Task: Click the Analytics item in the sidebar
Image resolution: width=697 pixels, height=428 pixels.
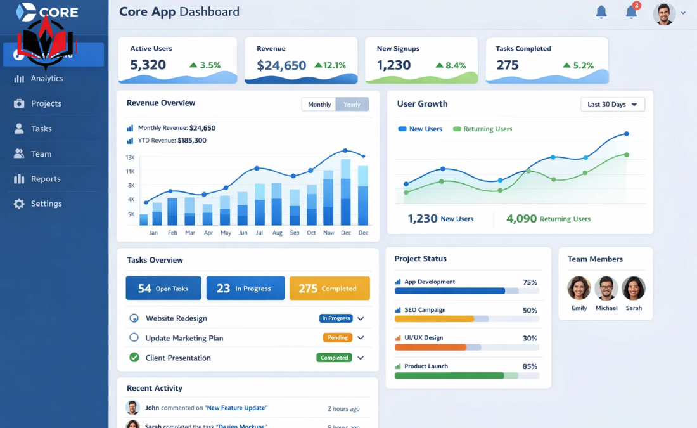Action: tap(46, 79)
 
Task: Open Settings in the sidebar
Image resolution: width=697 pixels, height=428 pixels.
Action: tap(46, 204)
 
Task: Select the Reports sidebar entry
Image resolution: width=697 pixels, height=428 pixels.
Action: tap(45, 179)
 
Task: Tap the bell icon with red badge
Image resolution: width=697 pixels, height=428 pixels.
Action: tap(632, 11)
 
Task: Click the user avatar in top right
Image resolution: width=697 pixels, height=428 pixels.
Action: tap(664, 13)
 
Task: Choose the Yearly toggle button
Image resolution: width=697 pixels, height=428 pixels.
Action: tap(352, 105)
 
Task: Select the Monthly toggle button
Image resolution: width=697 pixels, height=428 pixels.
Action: tap(319, 105)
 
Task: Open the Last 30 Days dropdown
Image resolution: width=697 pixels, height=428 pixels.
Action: tap(612, 105)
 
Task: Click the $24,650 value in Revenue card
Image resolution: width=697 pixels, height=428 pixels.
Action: tap(281, 65)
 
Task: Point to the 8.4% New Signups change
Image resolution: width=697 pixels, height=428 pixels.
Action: tap(451, 65)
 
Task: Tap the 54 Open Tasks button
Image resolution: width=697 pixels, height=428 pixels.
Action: tap(163, 289)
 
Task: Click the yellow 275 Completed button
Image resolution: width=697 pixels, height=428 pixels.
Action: tap(329, 289)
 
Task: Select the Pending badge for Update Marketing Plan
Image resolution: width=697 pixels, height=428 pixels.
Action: tap(338, 337)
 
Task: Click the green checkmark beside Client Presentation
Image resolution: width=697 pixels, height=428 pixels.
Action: tap(134, 358)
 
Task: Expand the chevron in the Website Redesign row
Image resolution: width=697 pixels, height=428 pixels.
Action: tap(361, 318)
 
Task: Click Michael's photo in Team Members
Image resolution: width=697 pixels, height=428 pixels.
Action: tap(606, 289)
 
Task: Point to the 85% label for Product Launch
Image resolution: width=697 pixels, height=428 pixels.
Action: tap(530, 366)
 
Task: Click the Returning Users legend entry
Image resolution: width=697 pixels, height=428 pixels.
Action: tap(483, 129)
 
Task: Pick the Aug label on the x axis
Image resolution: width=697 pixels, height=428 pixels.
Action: tap(277, 233)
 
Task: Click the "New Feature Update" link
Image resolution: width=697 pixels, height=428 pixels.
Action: tap(236, 408)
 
